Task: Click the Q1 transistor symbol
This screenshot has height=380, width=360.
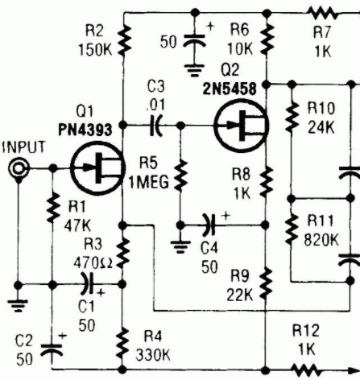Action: pyautogui.click(x=98, y=168)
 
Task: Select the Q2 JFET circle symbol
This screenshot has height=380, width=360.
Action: pyautogui.click(x=242, y=126)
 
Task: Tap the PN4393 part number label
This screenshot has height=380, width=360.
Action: pyautogui.click(x=85, y=130)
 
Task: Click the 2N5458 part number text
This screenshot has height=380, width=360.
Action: pyautogui.click(x=230, y=89)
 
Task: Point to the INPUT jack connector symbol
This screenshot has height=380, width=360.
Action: pyautogui.click(x=19, y=169)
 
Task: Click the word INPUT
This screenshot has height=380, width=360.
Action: pyautogui.click(x=23, y=147)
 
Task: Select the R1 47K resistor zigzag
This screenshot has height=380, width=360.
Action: pyautogui.click(x=53, y=207)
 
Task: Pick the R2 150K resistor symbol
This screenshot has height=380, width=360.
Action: pyautogui.click(x=123, y=41)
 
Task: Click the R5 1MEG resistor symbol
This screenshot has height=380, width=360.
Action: pyautogui.click(x=181, y=176)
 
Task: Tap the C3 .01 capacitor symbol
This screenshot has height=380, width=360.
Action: pyautogui.click(x=155, y=126)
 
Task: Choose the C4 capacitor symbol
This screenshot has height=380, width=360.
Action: pyautogui.click(x=209, y=225)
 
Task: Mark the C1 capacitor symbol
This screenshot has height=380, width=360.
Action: pyautogui.click(x=88, y=283)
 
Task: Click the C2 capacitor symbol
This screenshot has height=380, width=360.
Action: pyautogui.click(x=52, y=350)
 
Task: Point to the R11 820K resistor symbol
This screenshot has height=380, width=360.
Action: pyautogui.click(x=292, y=229)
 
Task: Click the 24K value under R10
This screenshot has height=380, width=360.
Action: pyautogui.click(x=321, y=127)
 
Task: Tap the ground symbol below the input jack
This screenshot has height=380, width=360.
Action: pyautogui.click(x=18, y=305)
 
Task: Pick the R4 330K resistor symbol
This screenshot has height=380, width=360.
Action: pyautogui.click(x=122, y=344)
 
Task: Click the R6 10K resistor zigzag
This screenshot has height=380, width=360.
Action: pyautogui.click(x=267, y=39)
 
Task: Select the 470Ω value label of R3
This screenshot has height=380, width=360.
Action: pyautogui.click(x=93, y=263)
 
